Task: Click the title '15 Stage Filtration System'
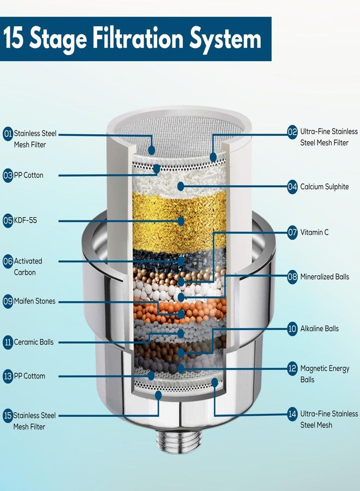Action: click(132, 39)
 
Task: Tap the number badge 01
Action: click(8, 134)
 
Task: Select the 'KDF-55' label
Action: click(25, 220)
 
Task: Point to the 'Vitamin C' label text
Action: click(314, 232)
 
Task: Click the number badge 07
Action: click(292, 232)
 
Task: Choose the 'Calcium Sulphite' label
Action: click(325, 187)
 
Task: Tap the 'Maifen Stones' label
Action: click(34, 301)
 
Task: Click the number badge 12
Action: click(292, 369)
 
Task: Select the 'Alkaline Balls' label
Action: click(319, 328)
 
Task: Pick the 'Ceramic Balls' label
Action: click(33, 342)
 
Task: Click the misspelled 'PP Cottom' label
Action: click(29, 376)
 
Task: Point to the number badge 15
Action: click(8, 416)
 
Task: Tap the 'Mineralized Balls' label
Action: click(325, 277)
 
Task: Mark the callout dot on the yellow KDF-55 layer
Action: click(181, 221)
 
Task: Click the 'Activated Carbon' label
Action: click(28, 266)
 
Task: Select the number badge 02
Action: click(292, 132)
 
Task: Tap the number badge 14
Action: click(292, 414)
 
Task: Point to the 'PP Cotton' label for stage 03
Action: click(28, 175)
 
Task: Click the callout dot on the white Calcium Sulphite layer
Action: click(181, 186)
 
